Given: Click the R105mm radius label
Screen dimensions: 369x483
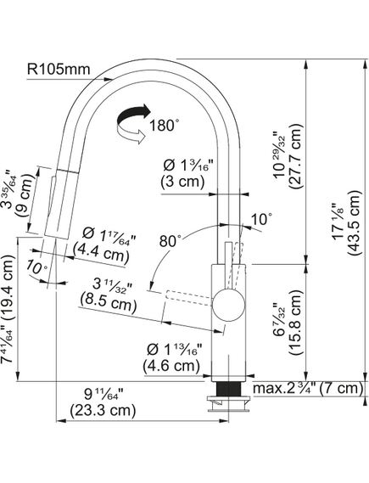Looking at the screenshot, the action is point(59,69).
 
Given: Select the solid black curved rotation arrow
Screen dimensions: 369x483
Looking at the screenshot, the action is point(133,115).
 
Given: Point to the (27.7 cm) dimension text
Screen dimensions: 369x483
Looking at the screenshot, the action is point(295,156).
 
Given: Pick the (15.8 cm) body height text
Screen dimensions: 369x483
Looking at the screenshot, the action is point(296,323).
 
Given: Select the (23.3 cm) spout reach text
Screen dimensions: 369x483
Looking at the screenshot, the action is point(103,410).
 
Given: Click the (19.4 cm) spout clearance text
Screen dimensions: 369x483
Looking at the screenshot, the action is point(8,288).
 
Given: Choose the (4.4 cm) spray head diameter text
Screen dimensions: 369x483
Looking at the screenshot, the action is point(101,256).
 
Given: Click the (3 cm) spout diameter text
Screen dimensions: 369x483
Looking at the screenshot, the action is point(182,182).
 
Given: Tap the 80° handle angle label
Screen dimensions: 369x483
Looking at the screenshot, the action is point(169,241).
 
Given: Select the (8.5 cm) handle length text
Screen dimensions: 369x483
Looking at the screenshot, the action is point(109,302).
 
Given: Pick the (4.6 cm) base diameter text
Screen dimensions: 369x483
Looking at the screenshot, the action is point(171,366).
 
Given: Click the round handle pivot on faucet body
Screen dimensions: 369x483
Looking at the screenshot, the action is point(229,305).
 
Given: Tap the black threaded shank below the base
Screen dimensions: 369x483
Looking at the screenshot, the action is point(228,389).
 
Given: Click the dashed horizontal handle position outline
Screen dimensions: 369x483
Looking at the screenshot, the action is point(189,298).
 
